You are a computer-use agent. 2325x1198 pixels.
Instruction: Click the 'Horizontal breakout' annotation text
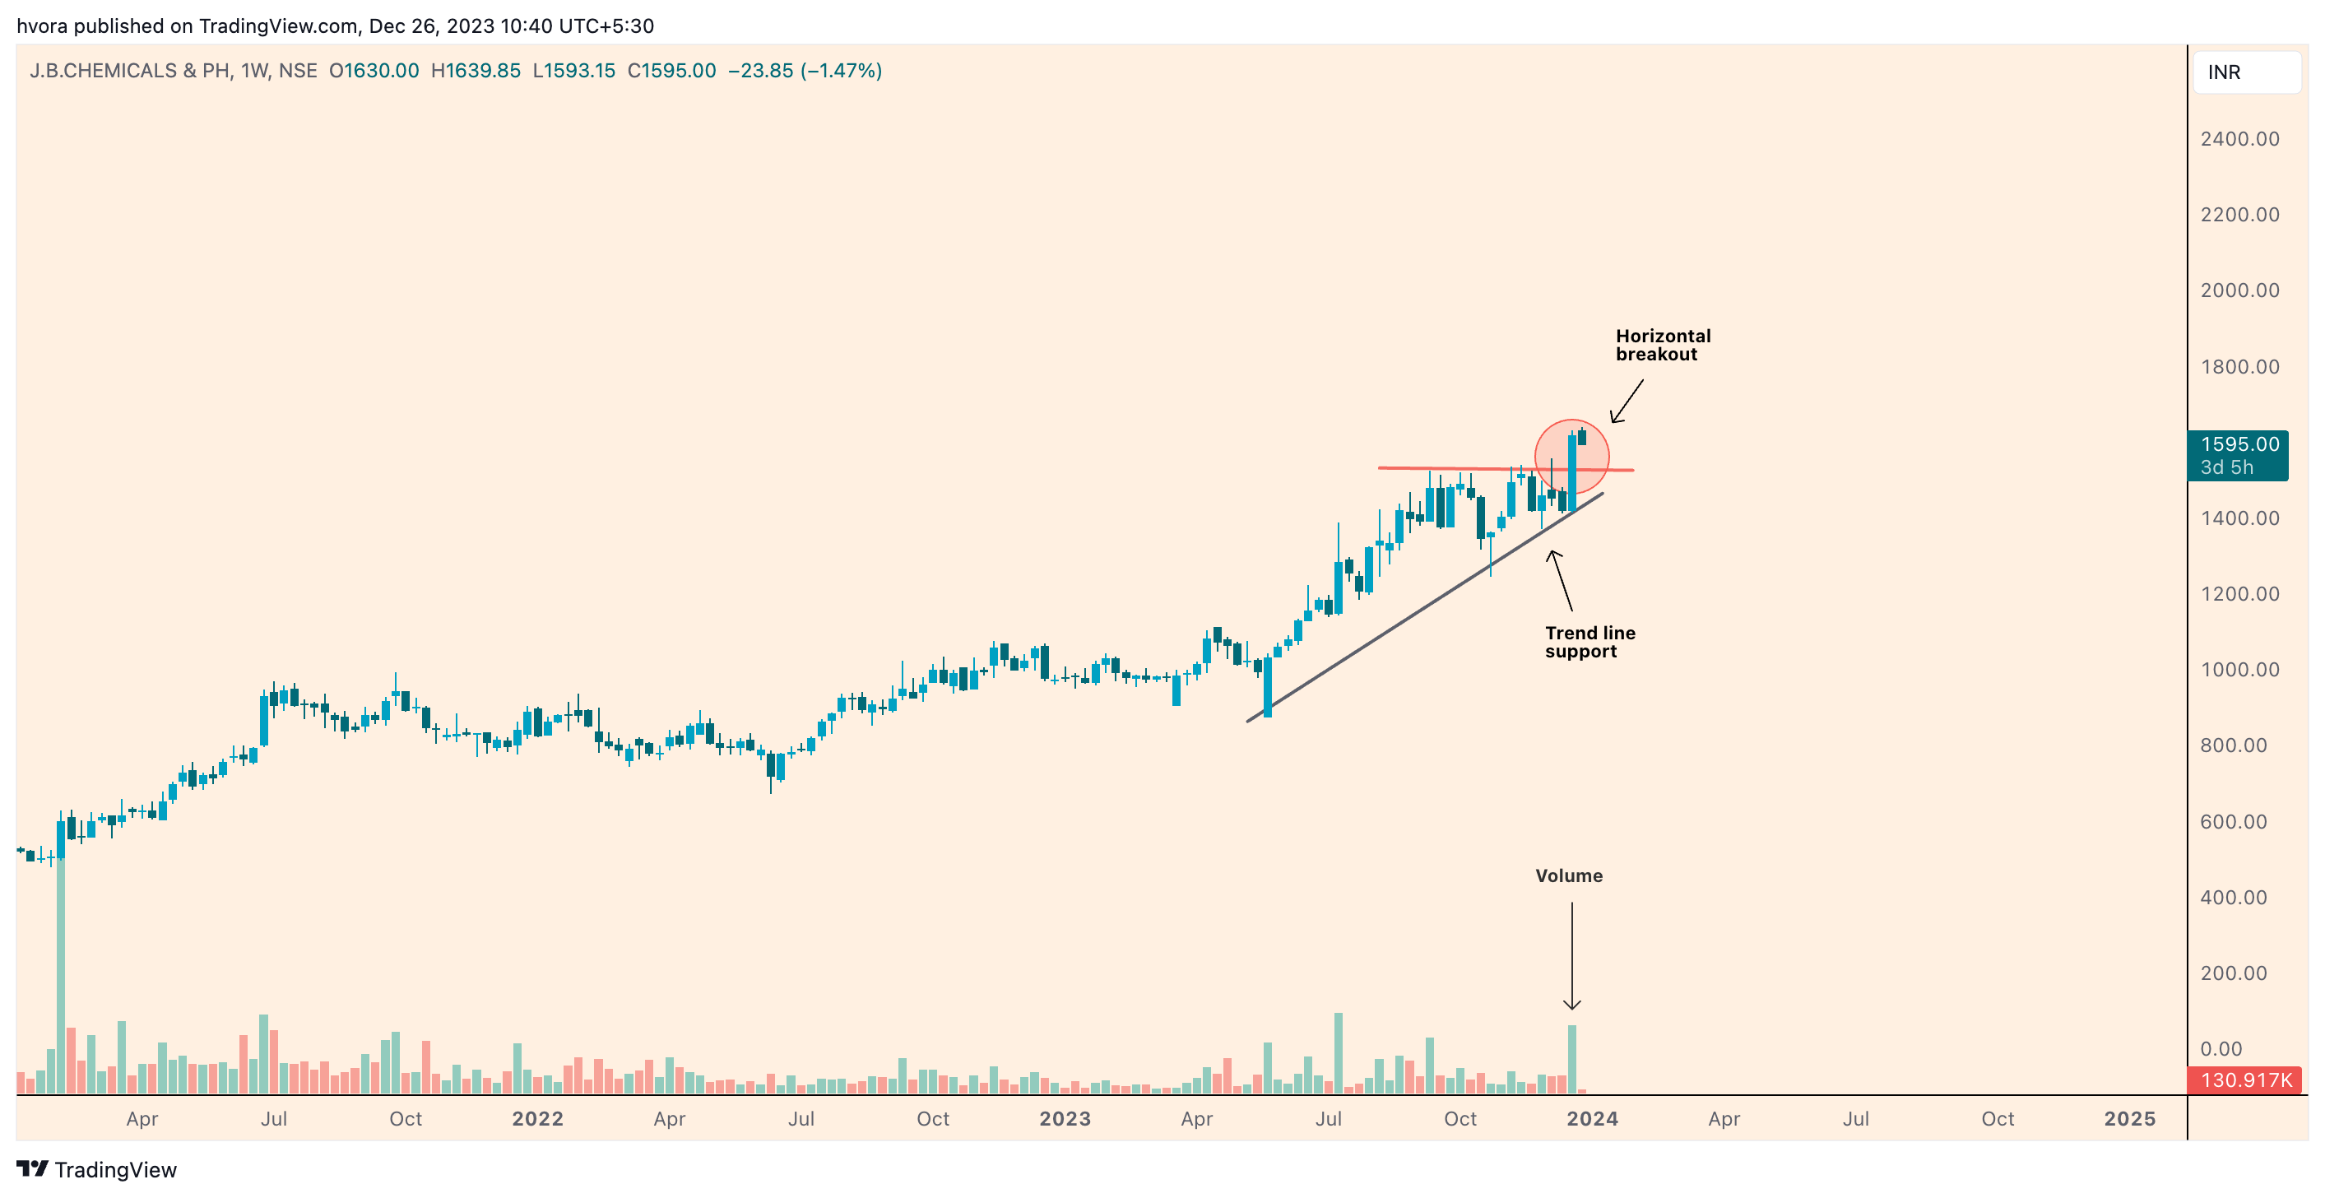pyautogui.click(x=1662, y=345)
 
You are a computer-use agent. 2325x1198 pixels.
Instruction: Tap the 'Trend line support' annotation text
pyautogui.click(x=1589, y=642)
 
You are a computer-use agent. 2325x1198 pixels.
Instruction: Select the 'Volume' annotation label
pyautogui.click(x=1568, y=875)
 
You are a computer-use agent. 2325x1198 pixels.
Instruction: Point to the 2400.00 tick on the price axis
pyautogui.click(x=2239, y=139)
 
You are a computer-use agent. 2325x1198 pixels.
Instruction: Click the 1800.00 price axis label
pyautogui.click(x=2239, y=366)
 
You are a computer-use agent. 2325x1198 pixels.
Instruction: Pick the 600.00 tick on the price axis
pyautogui.click(x=2233, y=821)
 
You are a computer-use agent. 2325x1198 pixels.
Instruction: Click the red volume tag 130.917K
pyautogui.click(x=2244, y=1080)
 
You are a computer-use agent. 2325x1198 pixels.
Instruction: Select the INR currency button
pyautogui.click(x=2244, y=72)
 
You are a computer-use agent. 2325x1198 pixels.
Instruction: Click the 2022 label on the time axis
pyautogui.click(x=537, y=1118)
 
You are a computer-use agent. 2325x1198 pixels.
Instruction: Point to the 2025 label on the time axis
pyautogui.click(x=2128, y=1118)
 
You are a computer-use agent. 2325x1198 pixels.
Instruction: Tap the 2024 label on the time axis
pyautogui.click(x=1591, y=1118)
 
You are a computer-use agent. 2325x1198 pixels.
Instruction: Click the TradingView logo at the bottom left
pyautogui.click(x=96, y=1169)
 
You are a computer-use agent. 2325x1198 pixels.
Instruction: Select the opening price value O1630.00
pyautogui.click(x=374, y=71)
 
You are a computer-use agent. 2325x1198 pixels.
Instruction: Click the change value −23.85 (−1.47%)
pyautogui.click(x=804, y=71)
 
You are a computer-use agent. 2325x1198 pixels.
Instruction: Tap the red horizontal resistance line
pyautogui.click(x=1444, y=468)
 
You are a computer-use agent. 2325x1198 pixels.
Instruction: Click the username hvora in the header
pyautogui.click(x=41, y=26)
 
